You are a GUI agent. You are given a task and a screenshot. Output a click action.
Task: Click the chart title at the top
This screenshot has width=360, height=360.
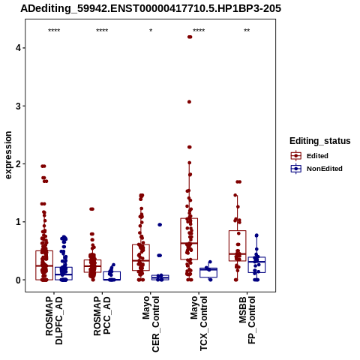point(151,8)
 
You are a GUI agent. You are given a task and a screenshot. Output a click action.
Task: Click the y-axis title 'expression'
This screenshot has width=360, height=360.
point(8,155)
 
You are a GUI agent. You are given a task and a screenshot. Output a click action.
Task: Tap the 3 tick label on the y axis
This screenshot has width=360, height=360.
point(18,106)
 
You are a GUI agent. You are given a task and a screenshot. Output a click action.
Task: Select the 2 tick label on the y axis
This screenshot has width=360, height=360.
point(18,164)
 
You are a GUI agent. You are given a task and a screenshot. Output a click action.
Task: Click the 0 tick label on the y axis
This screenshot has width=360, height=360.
point(18,280)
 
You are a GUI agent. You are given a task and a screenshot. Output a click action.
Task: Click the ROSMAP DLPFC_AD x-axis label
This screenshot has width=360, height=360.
point(54,321)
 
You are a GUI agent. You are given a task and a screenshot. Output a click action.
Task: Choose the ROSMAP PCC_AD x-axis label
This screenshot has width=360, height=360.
point(102,316)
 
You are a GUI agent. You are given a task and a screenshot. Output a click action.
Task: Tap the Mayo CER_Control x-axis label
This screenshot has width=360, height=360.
point(151,324)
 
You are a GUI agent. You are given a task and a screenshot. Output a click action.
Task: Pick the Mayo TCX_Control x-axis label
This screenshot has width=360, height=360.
point(199,323)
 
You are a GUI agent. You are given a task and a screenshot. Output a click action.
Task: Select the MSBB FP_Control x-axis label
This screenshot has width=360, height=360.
point(247,320)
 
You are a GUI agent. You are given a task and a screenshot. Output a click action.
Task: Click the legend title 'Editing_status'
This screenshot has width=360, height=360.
point(320,141)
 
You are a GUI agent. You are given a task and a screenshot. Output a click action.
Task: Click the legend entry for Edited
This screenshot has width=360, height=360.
point(310,156)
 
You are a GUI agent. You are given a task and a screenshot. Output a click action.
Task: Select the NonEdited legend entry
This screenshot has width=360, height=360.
point(316,169)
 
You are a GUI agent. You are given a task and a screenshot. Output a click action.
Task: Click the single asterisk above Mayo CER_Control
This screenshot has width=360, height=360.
point(151,31)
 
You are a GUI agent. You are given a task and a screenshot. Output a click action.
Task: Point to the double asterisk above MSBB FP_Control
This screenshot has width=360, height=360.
point(247,31)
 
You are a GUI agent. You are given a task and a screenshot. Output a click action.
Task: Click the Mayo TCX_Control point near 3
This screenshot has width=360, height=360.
point(189,102)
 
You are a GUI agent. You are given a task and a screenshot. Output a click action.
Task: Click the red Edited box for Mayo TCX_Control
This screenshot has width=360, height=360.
point(189,218)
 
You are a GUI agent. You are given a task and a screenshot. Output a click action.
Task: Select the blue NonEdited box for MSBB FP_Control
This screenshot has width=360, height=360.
point(256,257)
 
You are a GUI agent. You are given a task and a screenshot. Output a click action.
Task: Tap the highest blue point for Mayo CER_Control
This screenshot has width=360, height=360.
point(160,225)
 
